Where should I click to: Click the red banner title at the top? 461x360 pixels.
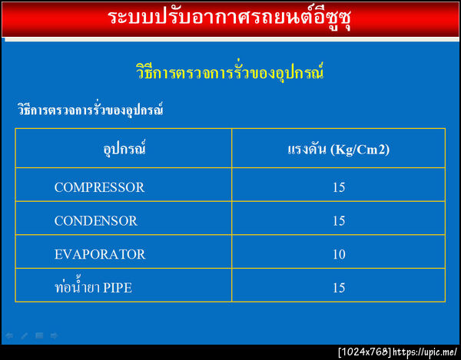[x=230, y=18]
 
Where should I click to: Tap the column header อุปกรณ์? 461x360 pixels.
[x=124, y=148]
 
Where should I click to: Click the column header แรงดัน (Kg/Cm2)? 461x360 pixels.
[x=338, y=149]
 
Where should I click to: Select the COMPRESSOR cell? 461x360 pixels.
[x=99, y=187]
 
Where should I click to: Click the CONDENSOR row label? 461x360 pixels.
[x=96, y=220]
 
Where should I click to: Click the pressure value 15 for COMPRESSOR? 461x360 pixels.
[x=339, y=187]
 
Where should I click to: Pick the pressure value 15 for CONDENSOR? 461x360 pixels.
[x=339, y=220]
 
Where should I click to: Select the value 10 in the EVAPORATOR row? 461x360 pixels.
[x=339, y=254]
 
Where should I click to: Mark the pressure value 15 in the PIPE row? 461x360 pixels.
[x=339, y=288]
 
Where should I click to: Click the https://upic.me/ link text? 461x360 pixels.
[x=425, y=352]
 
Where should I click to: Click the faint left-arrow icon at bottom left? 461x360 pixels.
[x=9, y=335]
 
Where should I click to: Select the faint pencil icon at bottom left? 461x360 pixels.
[x=24, y=335]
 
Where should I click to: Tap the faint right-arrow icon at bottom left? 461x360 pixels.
[x=53, y=335]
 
